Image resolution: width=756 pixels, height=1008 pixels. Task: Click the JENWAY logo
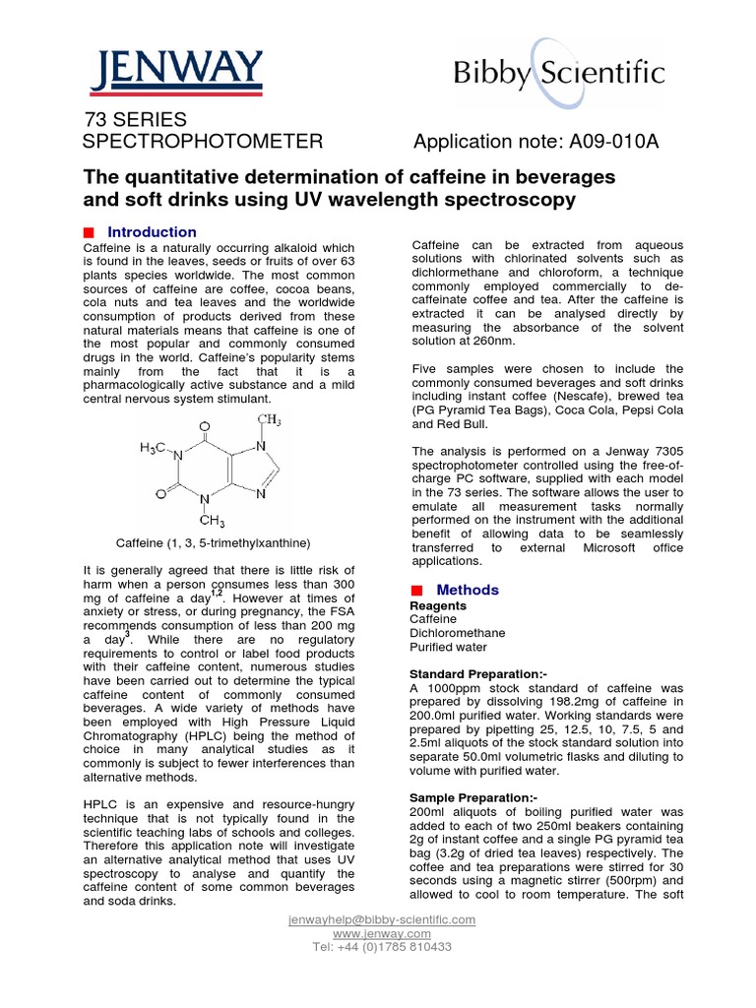point(178,70)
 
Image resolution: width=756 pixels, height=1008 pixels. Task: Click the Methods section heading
point(468,590)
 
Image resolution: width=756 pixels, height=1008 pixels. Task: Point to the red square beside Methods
point(416,590)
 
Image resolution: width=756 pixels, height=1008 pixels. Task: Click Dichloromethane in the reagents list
point(458,633)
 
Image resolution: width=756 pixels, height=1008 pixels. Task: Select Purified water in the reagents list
point(448,647)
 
